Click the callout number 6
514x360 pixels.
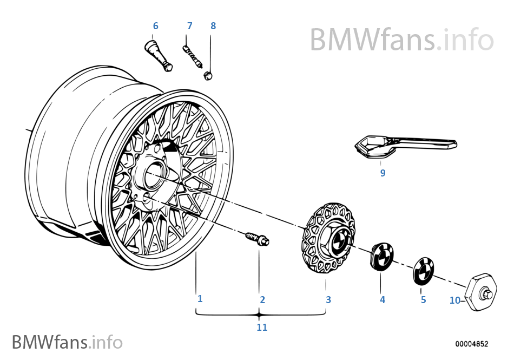pyautogui.click(x=156, y=26)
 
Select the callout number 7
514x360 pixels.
pyautogui.click(x=189, y=26)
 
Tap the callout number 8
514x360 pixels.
pyautogui.click(x=213, y=26)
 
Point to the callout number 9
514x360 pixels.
pyautogui.click(x=383, y=173)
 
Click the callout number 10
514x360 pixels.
pyautogui.click(x=454, y=300)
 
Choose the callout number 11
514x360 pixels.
pyautogui.click(x=262, y=327)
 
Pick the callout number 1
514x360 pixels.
pyautogui.click(x=200, y=298)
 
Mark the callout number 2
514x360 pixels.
pyautogui.click(x=262, y=299)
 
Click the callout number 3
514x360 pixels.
pyautogui.click(x=328, y=299)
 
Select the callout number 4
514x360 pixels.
pyautogui.click(x=383, y=299)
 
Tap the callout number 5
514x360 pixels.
pyautogui.click(x=423, y=299)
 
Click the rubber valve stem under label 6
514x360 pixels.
pyautogui.click(x=158, y=56)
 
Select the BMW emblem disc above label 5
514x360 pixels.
pyautogui.click(x=423, y=269)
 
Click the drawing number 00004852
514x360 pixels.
pyautogui.click(x=471, y=344)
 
